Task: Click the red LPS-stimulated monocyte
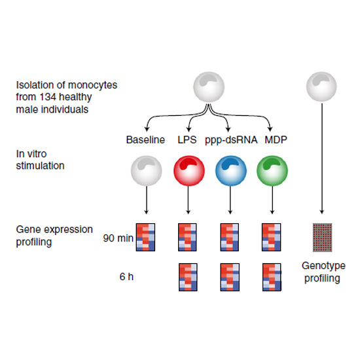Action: coord(189,171)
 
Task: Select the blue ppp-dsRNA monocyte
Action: coord(231,171)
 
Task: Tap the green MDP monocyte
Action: coord(272,171)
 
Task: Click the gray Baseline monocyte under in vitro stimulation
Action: coord(147,171)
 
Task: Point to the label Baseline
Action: coord(145,140)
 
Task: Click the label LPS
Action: coord(187,140)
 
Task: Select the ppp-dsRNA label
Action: coord(231,140)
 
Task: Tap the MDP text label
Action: coord(276,140)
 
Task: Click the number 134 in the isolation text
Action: coord(46,97)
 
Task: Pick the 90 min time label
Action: coord(118,238)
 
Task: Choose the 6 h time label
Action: coord(126,277)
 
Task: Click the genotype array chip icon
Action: coord(322,238)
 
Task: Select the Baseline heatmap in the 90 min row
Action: coord(145,237)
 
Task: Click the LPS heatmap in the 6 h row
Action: coord(188,277)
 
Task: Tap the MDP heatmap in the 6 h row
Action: coord(272,277)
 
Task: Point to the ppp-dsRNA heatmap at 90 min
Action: coord(229,237)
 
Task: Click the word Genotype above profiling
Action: coord(323,266)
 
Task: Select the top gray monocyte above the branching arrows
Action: coord(209,87)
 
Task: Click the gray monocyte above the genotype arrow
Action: coord(321,87)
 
